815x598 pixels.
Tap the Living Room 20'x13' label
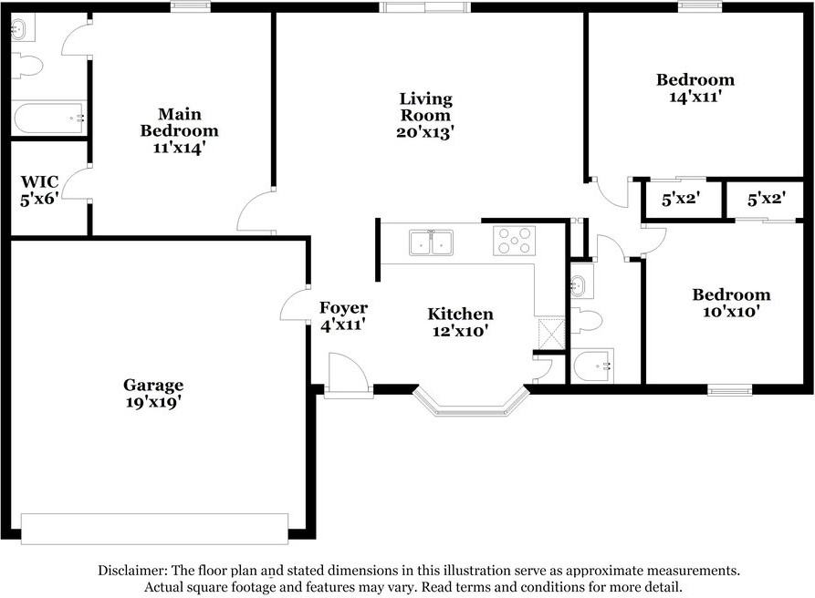(425, 115)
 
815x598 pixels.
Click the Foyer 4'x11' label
(343, 315)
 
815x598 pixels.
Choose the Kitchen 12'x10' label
(461, 323)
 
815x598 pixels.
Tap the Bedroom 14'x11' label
(695, 87)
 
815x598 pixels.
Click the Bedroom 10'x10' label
(731, 303)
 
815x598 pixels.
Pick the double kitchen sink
(431, 242)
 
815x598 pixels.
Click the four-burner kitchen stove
(514, 241)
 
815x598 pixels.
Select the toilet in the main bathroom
(28, 67)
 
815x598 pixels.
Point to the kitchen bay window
(471, 403)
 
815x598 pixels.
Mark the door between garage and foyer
(296, 305)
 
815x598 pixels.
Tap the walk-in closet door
(78, 183)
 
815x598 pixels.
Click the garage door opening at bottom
(154, 528)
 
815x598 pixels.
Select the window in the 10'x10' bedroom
(730, 390)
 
